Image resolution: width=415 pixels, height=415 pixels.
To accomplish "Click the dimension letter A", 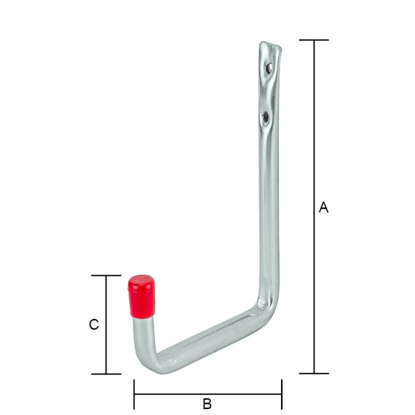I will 323,207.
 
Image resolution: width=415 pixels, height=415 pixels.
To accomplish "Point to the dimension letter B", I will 207,404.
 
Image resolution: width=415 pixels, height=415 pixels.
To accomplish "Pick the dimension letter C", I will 93,325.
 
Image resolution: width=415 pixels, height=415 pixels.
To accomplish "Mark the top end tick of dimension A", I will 314,40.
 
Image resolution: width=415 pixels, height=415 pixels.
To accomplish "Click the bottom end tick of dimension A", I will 314,373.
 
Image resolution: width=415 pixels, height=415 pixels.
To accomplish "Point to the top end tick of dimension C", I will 107,276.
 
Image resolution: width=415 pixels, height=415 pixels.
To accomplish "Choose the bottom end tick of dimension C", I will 107,373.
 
